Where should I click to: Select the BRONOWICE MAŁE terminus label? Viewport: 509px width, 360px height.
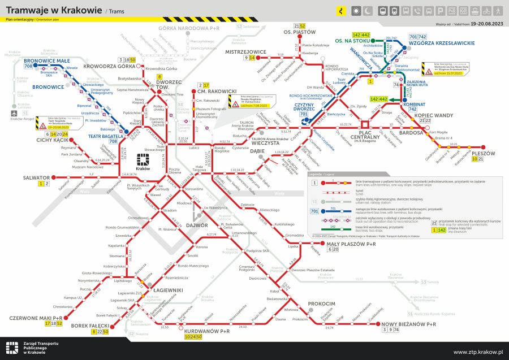tap(47, 60)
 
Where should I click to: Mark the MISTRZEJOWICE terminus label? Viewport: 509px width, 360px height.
tap(245, 51)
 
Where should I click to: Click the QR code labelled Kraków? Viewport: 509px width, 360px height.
tap(143, 158)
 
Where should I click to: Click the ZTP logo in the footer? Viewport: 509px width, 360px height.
tap(12, 348)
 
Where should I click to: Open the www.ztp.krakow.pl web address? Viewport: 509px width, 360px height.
tap(478, 352)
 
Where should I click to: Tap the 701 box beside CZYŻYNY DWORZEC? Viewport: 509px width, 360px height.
tap(304, 114)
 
